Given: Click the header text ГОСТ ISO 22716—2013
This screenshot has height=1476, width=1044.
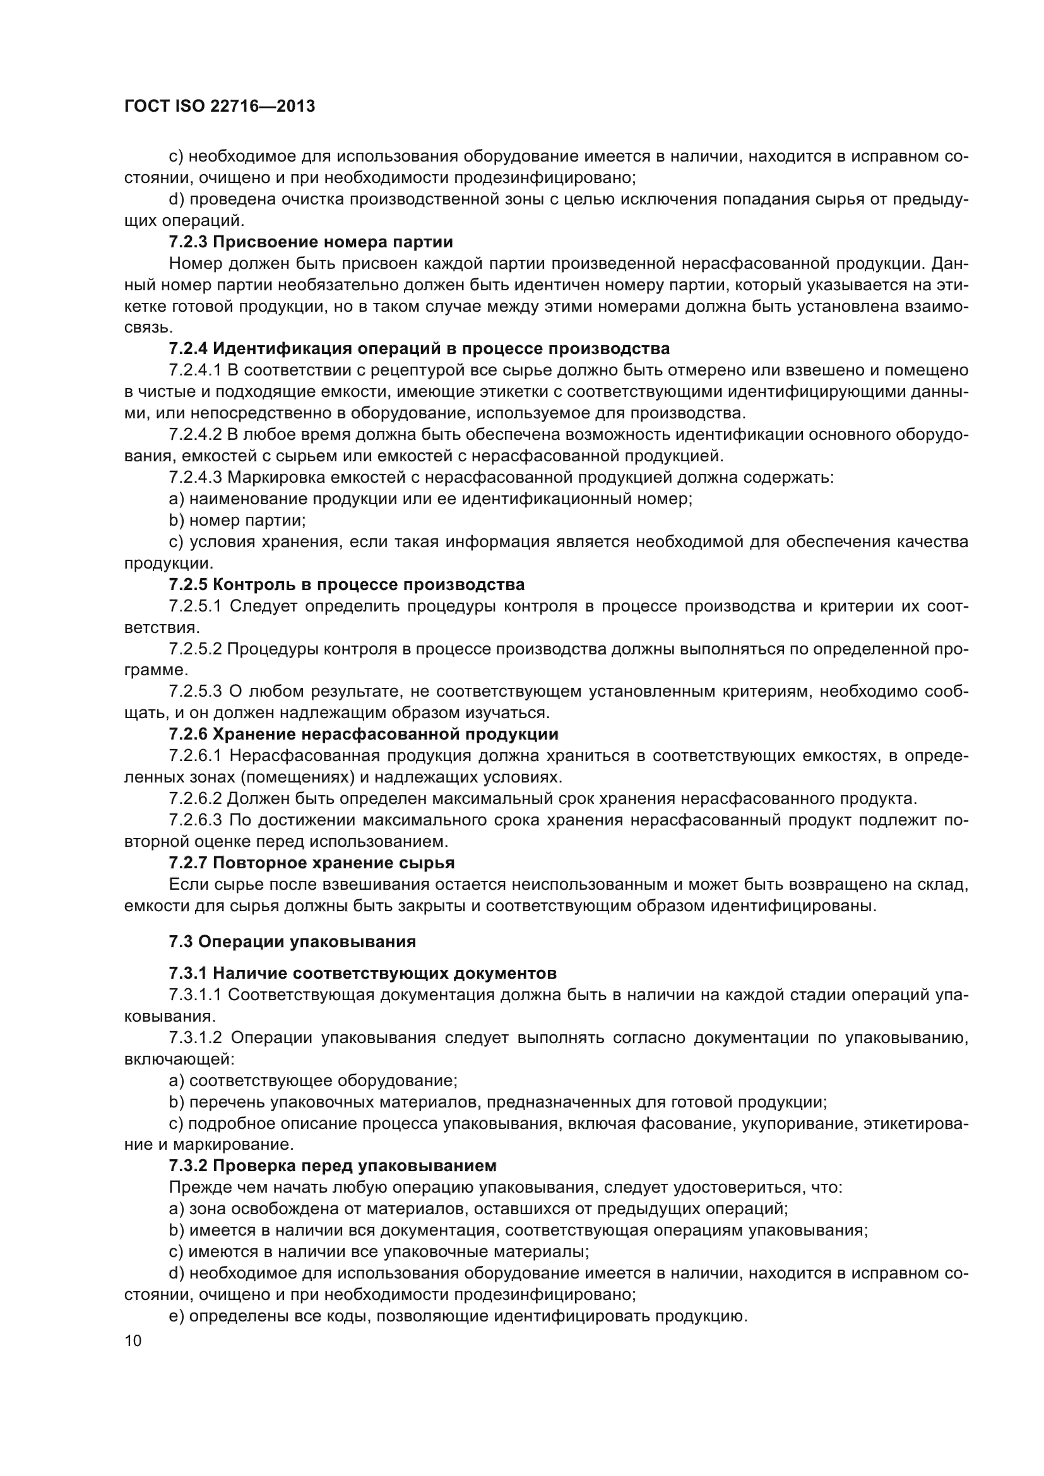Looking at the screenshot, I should tap(219, 107).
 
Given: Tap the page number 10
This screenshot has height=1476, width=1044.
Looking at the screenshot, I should tap(133, 1340).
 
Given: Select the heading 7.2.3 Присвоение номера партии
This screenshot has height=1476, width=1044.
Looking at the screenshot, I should tap(311, 242).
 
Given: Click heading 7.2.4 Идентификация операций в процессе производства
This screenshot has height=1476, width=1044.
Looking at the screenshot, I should tap(419, 349).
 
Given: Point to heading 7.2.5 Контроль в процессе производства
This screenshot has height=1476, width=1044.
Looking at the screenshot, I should tap(347, 584).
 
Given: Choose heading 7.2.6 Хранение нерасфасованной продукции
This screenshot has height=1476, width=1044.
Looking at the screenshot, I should tap(363, 734).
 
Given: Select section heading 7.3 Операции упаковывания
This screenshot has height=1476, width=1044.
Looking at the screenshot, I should tap(292, 942).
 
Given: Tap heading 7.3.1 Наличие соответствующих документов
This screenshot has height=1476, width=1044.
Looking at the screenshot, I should tap(362, 973).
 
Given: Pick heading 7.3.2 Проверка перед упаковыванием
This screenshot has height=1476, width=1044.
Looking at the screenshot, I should tap(333, 1166).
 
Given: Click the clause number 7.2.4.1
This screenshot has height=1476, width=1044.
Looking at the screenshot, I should tap(195, 370).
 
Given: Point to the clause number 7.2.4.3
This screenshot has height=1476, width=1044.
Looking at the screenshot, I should tap(195, 478).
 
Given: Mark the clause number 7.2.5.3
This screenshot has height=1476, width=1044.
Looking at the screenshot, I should tap(195, 692).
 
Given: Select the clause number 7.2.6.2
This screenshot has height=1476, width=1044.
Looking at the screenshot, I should tap(195, 799).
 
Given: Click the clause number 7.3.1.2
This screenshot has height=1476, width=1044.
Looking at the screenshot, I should tap(195, 1037).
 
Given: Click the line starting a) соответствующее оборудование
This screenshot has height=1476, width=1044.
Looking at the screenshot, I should tap(312, 1080).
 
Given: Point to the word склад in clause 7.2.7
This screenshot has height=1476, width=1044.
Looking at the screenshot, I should tap(943, 885).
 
